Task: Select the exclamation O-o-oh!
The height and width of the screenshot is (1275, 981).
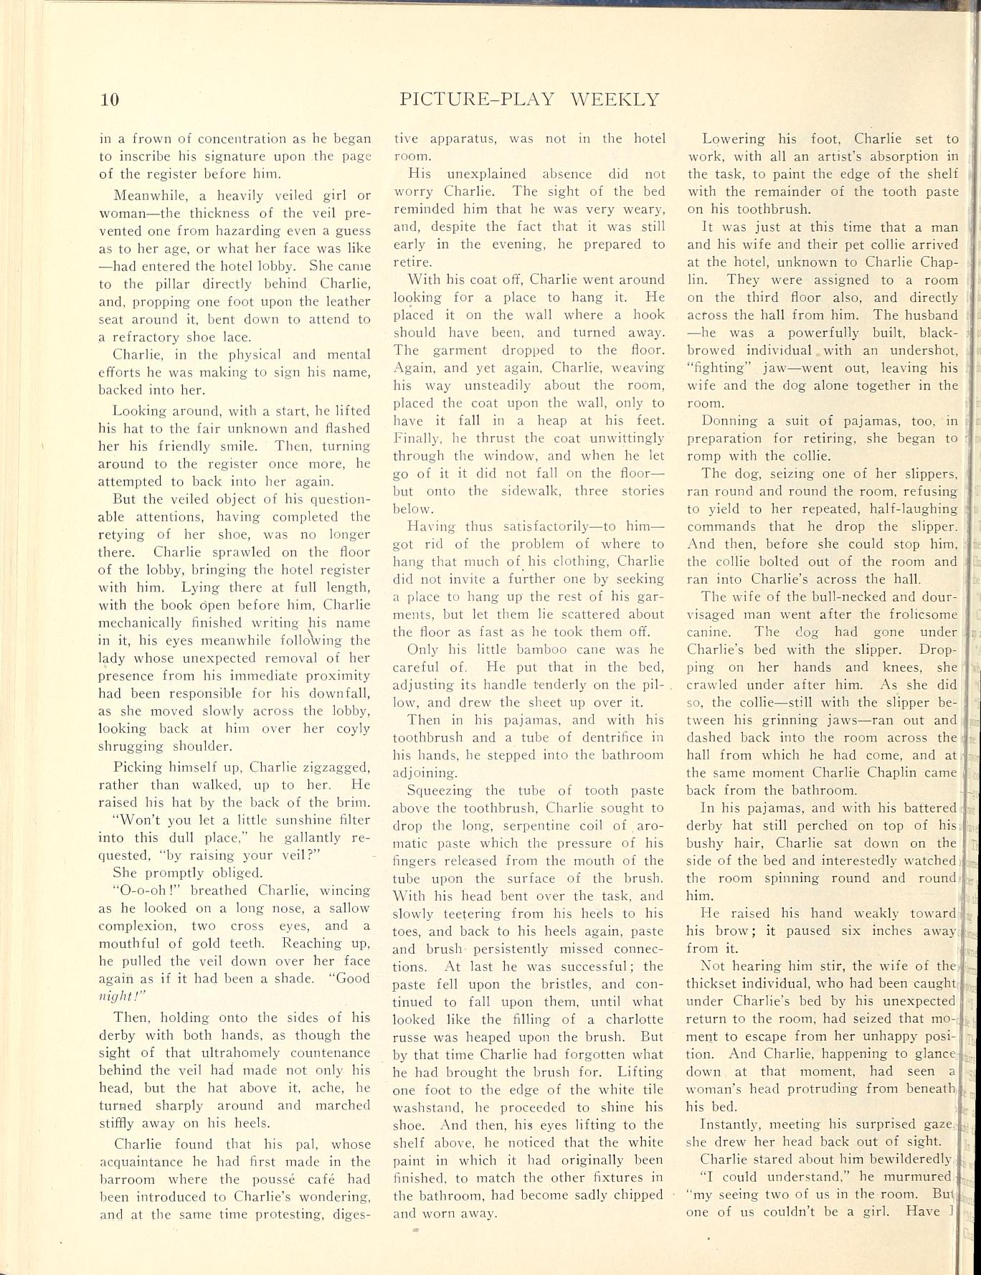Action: (x=140, y=890)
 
